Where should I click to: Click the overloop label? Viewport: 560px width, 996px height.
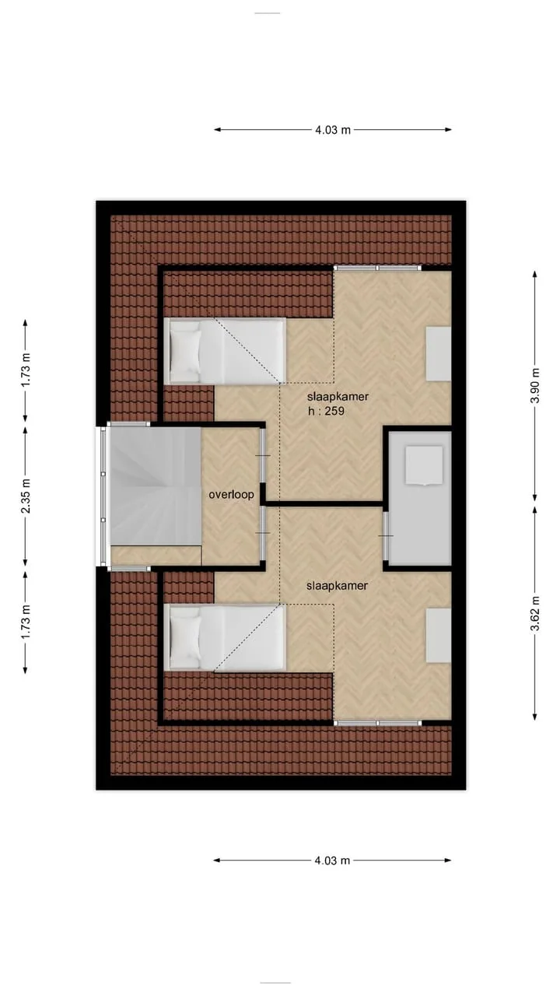click(x=231, y=494)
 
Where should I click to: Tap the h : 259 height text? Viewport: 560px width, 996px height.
click(x=326, y=411)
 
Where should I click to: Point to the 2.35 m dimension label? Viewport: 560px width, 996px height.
click(x=26, y=496)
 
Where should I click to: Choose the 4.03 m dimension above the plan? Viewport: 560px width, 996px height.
click(x=333, y=130)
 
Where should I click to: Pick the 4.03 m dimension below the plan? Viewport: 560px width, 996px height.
click(x=332, y=861)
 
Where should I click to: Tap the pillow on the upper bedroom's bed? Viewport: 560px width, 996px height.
click(x=185, y=351)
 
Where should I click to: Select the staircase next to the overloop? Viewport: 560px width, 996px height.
click(x=155, y=486)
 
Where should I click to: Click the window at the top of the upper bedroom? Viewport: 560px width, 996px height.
click(x=377, y=268)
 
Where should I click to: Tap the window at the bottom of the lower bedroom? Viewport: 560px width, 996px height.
click(x=377, y=723)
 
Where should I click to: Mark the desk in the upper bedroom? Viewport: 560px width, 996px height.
click(x=439, y=353)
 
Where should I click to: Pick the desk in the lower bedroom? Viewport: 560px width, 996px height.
click(x=439, y=636)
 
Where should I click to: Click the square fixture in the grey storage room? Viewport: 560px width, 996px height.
click(x=424, y=465)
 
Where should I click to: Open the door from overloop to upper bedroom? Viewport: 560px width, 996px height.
click(x=263, y=455)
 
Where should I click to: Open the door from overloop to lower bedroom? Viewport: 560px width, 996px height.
click(x=263, y=533)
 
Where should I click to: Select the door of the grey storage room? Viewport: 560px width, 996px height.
click(x=386, y=536)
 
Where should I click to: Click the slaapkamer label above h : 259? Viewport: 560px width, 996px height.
click(x=338, y=397)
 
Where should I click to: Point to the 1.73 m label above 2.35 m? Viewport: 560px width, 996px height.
click(x=26, y=370)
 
